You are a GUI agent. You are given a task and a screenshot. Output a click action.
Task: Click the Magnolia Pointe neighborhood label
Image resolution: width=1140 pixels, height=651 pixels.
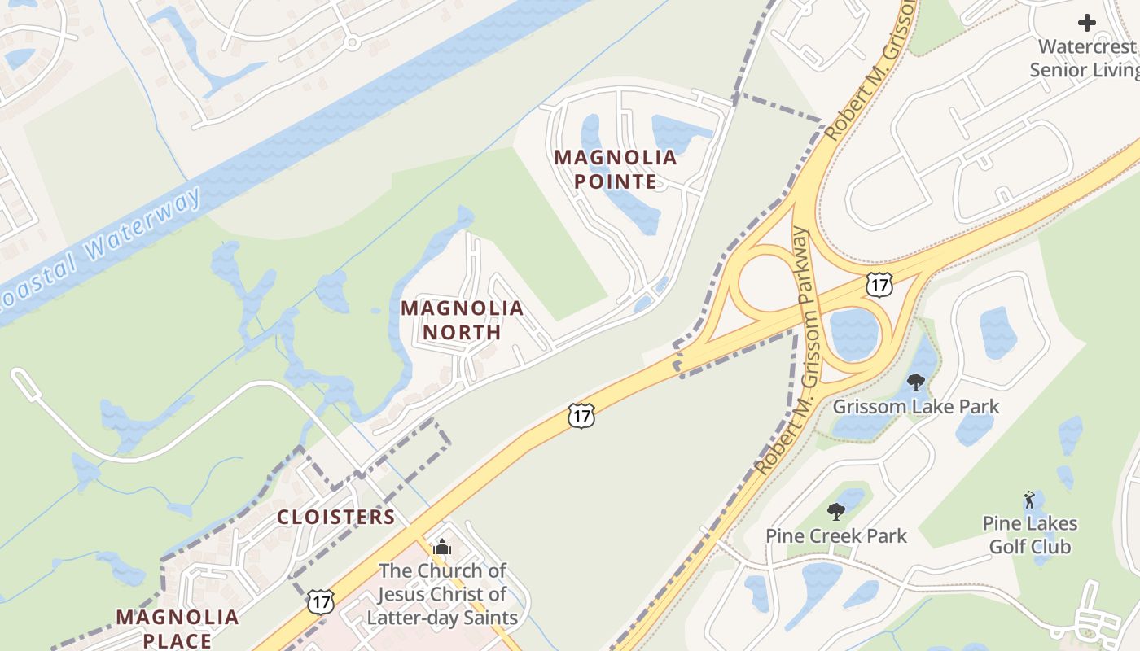pos(616,169)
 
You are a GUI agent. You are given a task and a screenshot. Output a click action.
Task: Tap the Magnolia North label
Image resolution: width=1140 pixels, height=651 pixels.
pos(462,320)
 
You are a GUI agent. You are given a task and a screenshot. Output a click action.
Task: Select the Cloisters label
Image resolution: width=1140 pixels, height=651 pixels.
pos(335,517)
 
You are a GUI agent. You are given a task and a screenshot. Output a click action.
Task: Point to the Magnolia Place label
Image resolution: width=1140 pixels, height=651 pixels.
pos(178,628)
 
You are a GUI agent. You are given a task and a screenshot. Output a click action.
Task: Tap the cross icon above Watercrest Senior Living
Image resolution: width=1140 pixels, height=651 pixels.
pos(1087,23)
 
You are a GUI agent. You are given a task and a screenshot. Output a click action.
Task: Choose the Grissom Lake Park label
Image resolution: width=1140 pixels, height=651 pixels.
pos(915,406)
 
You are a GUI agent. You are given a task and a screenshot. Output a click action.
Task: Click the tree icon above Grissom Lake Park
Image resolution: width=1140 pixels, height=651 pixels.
pos(916,382)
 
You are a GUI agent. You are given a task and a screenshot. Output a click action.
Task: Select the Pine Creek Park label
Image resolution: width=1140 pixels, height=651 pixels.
pos(835,535)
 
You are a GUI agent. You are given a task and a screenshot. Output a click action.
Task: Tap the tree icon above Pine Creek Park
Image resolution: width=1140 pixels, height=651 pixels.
pos(835,511)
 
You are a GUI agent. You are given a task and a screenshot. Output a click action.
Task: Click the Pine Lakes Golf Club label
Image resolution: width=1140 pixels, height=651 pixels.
pos(1030,535)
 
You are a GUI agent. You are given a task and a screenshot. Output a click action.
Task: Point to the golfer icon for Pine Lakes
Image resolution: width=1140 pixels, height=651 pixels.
pos(1029,500)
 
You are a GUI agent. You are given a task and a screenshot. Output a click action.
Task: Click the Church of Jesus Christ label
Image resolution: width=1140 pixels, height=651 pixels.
pos(442,594)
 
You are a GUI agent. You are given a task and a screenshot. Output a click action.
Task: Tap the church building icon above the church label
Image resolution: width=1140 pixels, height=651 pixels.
pos(442,547)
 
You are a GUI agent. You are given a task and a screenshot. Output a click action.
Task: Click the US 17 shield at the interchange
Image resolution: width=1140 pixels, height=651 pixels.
pos(879,284)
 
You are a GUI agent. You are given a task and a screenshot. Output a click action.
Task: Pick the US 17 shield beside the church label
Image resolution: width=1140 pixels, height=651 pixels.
pos(320,602)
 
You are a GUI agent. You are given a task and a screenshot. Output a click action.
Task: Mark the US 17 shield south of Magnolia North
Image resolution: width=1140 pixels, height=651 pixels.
pos(581,416)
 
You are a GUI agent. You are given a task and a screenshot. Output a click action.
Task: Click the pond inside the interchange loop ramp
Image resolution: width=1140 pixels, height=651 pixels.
pos(854,334)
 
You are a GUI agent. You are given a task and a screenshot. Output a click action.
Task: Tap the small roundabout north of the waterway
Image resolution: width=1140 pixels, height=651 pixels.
pos(352,41)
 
